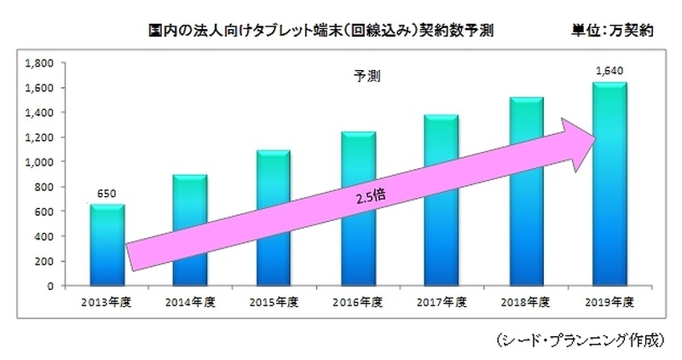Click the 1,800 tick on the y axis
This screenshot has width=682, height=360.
(40, 63)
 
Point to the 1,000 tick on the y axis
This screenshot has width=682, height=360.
(40, 162)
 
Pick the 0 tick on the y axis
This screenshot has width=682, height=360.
(50, 286)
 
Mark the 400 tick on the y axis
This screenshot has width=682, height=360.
(43, 236)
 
